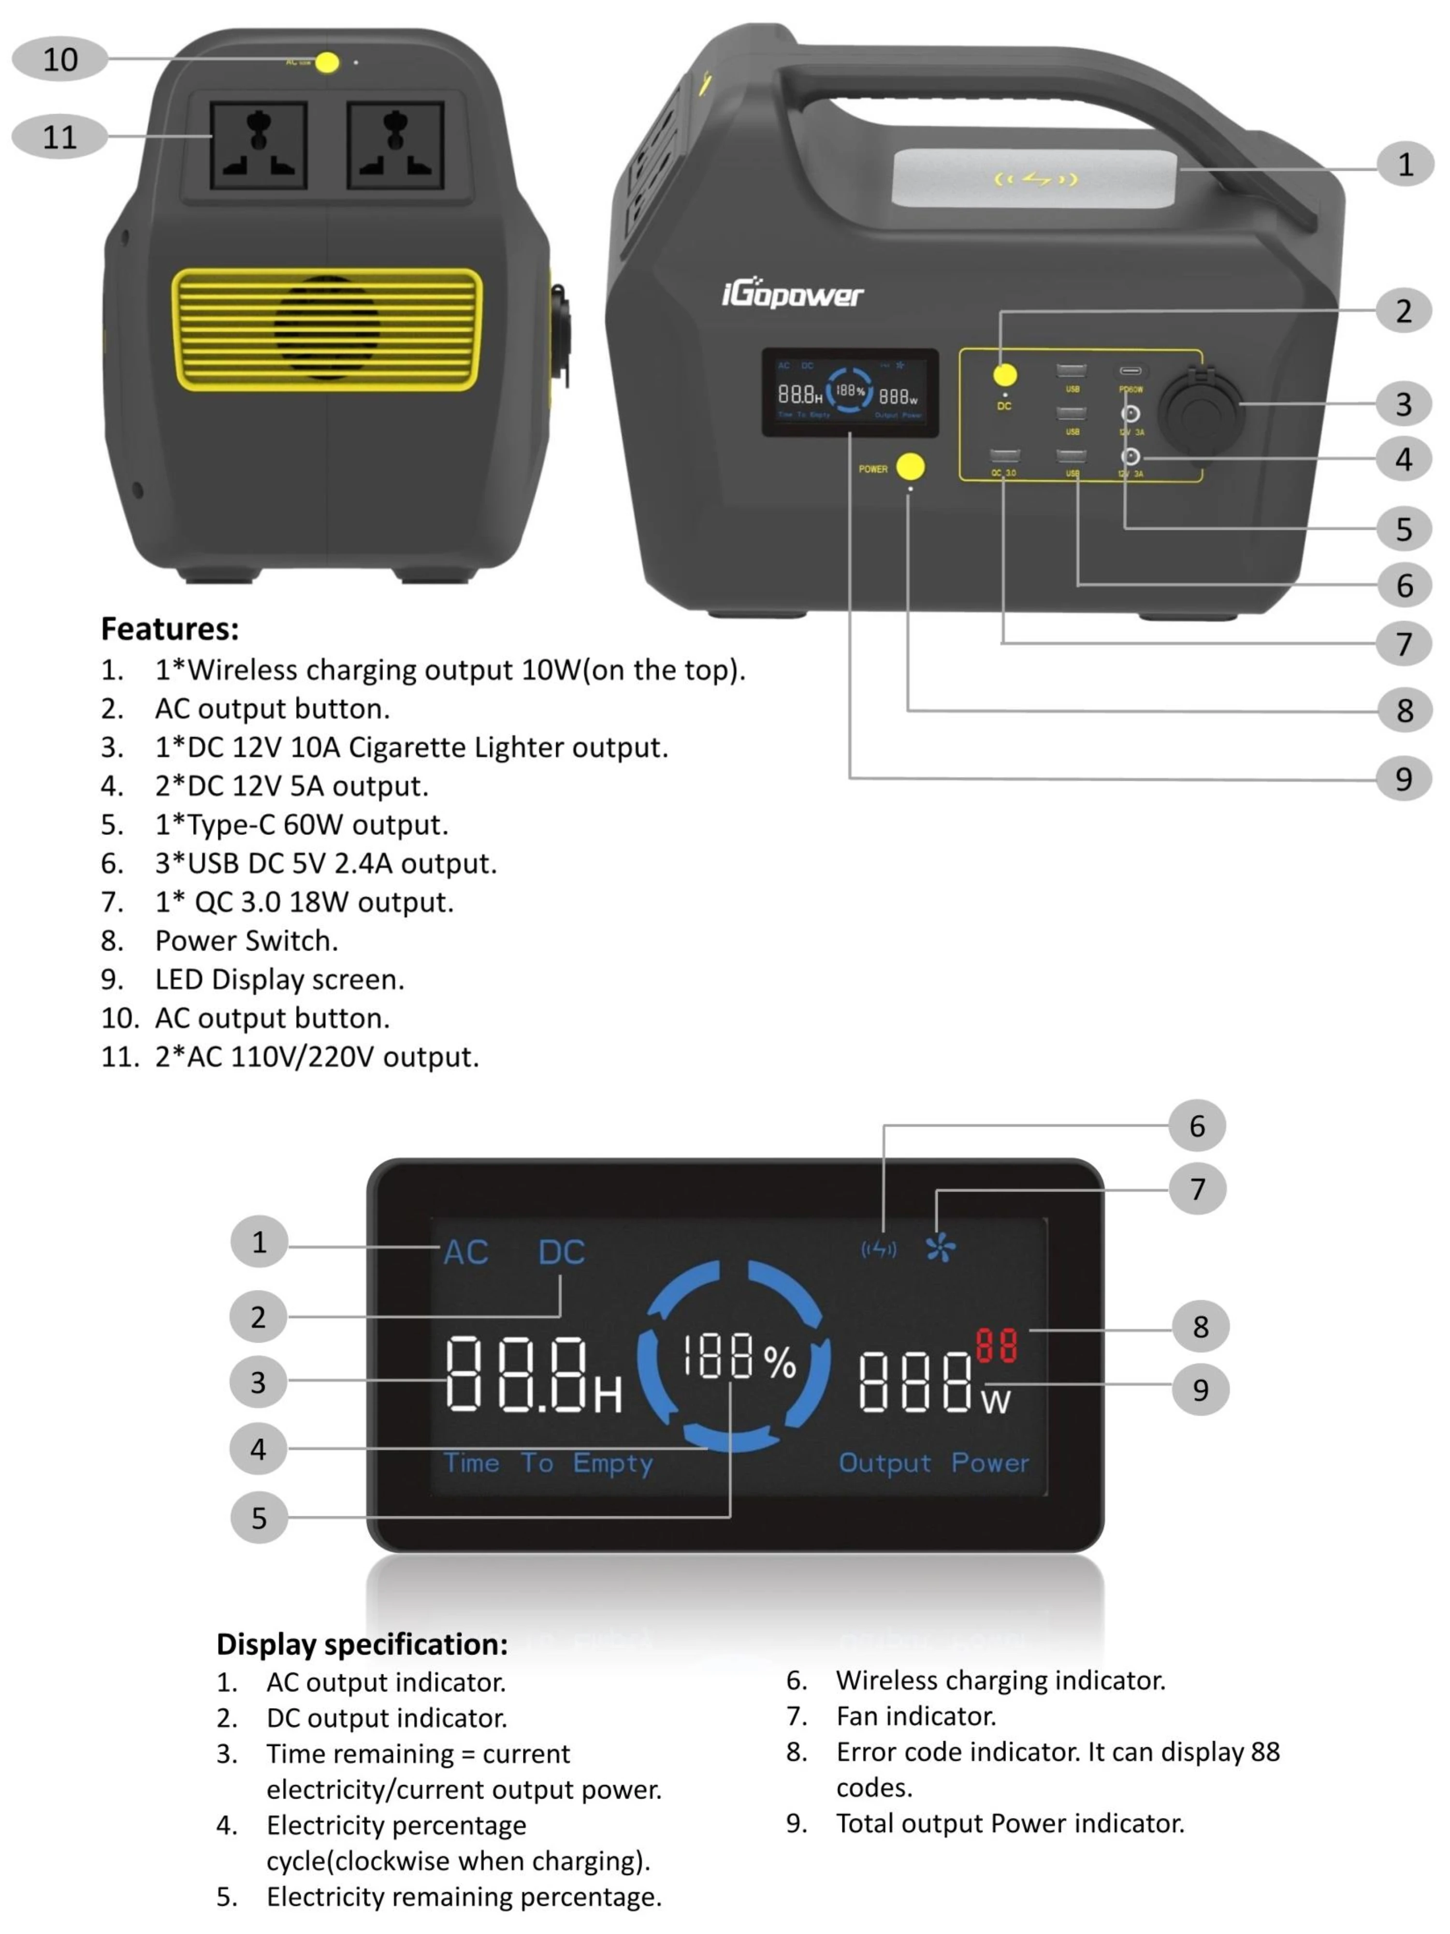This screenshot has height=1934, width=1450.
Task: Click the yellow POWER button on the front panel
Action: click(910, 466)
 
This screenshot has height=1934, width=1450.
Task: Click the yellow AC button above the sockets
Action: click(327, 62)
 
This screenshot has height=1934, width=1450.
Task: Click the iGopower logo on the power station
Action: click(792, 294)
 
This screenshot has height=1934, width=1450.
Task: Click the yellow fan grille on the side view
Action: click(327, 329)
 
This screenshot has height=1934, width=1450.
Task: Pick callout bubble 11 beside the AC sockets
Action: click(59, 136)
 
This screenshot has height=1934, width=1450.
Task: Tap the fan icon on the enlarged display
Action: click(941, 1247)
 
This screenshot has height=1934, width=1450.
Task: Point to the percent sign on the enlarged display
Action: click(780, 1362)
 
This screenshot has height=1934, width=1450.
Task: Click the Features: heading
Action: click(170, 629)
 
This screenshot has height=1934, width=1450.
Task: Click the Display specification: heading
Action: click(362, 1644)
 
